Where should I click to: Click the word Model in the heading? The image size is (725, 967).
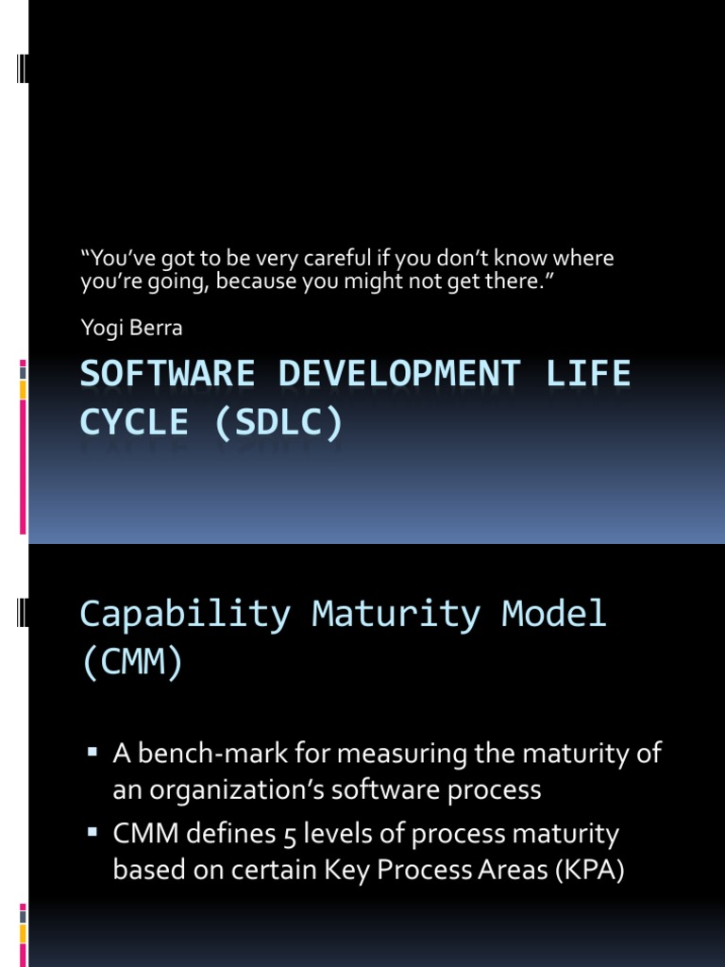point(554,614)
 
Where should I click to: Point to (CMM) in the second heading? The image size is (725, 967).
point(132,663)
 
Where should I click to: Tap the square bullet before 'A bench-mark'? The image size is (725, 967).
point(93,753)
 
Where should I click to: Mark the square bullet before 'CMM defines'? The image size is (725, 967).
point(93,834)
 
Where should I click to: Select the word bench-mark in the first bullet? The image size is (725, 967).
point(204,754)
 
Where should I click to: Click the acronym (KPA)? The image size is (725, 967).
point(586,870)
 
